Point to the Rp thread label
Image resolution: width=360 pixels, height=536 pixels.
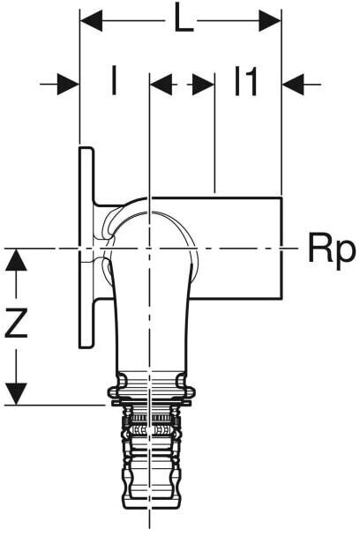(331, 250)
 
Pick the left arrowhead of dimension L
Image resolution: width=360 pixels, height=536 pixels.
(91, 21)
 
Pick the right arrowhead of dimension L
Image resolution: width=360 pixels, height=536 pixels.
(270, 21)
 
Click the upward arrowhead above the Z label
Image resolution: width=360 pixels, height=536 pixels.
(16, 260)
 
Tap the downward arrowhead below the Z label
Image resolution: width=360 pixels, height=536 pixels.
(16, 394)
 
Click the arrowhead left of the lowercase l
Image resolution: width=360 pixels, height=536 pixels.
(68, 84)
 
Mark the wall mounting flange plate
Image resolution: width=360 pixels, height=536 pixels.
(86, 248)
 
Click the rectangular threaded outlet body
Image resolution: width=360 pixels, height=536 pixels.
(236, 248)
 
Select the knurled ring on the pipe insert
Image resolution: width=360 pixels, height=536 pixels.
(151, 418)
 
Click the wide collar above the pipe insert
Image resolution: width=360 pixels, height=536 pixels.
(151, 393)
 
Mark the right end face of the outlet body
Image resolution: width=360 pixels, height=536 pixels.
(282, 248)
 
